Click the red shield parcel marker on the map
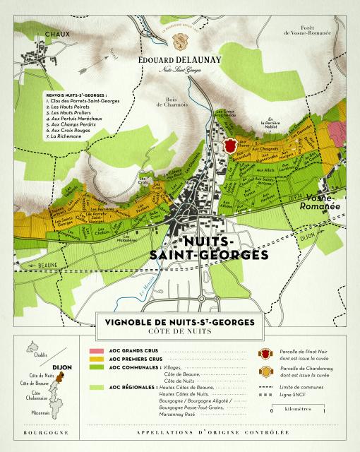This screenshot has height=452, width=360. click(x=229, y=145)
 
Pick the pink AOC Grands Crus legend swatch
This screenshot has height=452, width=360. click(x=96, y=350)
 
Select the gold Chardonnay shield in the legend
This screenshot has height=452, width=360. click(x=265, y=371)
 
